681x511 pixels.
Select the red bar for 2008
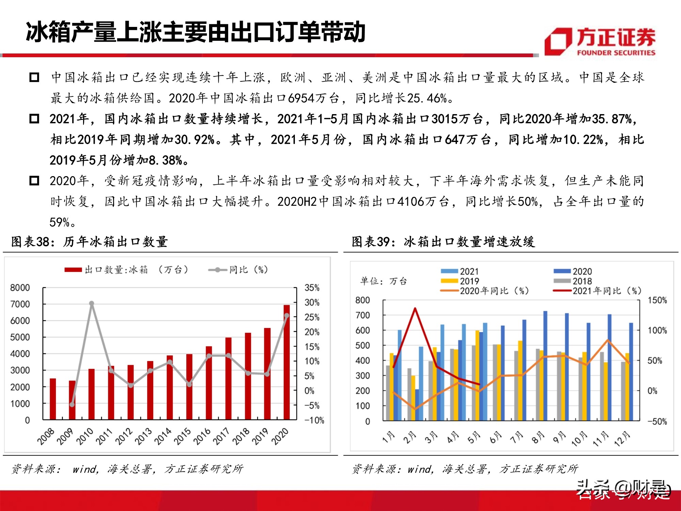pos(53,399)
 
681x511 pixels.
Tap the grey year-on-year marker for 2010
pos(92,303)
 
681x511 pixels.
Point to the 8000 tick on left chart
pos(20,288)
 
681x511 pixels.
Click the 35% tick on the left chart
pos(312,288)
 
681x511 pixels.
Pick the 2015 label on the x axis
pos(183,436)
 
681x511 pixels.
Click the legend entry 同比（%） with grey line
pos(238,270)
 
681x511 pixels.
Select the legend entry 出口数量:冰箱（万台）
pos(126,270)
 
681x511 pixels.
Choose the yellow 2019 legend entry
pos(460,281)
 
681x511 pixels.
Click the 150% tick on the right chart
pos(657,300)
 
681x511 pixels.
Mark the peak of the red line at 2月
pos(415,309)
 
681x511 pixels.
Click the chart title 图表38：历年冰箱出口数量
pos(90,242)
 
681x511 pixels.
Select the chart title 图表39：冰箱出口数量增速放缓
pos(443,242)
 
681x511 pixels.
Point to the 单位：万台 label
pos(383,281)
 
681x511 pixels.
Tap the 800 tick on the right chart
pos(362,300)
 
